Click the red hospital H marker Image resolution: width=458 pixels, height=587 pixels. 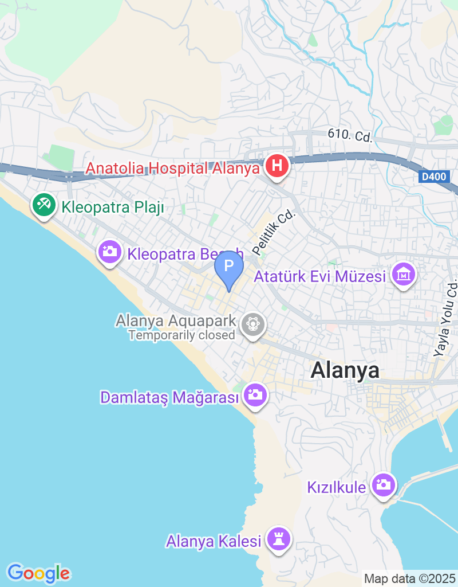[x=277, y=167]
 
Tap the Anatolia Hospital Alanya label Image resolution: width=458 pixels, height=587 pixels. [x=172, y=169]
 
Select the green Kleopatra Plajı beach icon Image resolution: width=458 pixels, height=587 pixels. [x=44, y=204]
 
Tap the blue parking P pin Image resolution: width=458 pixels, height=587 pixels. [x=229, y=267]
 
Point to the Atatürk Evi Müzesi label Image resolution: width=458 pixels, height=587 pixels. [x=319, y=277]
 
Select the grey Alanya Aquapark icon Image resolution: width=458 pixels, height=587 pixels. [x=252, y=324]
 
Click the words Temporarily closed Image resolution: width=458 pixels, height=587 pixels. [x=182, y=335]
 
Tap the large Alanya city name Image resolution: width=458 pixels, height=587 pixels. [x=345, y=370]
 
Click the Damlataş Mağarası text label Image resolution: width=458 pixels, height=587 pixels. [x=169, y=397]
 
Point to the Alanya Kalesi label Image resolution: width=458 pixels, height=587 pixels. [x=214, y=541]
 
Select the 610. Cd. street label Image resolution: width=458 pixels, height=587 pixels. [x=350, y=136]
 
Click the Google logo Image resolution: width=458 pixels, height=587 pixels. [x=38, y=573]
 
